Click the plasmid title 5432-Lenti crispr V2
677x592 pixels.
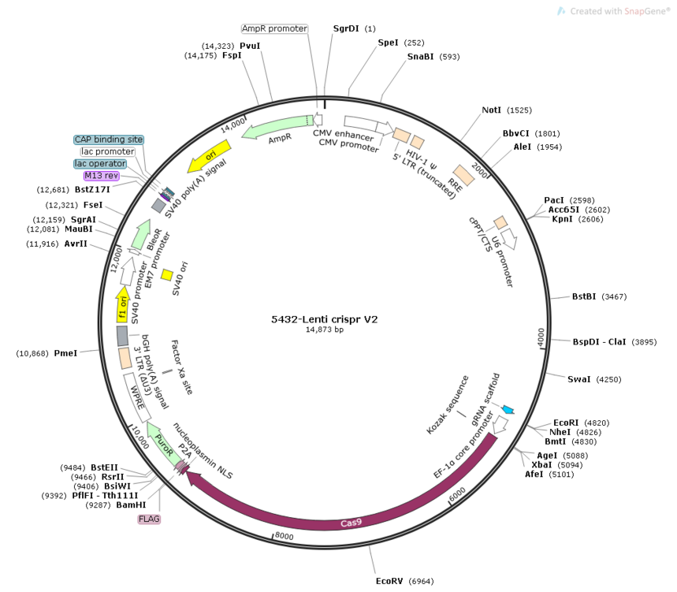pyautogui.click(x=324, y=319)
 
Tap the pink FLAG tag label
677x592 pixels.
pyautogui.click(x=149, y=519)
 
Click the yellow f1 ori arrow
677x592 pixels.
pyautogui.click(x=123, y=304)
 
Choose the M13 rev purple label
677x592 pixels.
pyautogui.click(x=102, y=176)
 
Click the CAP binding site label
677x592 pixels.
pyautogui.click(x=109, y=140)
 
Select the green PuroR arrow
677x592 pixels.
pyautogui.click(x=163, y=445)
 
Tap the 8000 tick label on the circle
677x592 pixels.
pyautogui.click(x=284, y=536)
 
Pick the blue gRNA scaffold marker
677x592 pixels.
pyautogui.click(x=508, y=409)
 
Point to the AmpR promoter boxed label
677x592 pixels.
pyautogui.click(x=274, y=28)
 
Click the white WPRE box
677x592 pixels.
pyautogui.click(x=137, y=397)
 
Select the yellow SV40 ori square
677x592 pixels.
pyautogui.click(x=167, y=274)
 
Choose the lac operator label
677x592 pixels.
pyautogui.click(x=100, y=164)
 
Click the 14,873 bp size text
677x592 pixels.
pyautogui.click(x=325, y=330)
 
